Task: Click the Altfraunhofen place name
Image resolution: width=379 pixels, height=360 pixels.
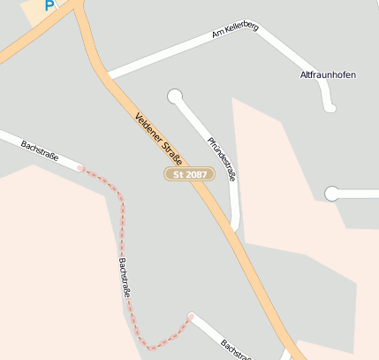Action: point(328,75)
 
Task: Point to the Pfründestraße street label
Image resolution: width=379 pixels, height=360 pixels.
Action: point(222,159)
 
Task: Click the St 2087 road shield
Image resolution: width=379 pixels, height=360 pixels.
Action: point(189,174)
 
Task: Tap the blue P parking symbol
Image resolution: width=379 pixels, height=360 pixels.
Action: point(49,5)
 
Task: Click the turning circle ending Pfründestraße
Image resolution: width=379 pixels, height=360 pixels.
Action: point(175,96)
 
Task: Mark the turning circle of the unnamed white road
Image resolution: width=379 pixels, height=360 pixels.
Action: point(332,194)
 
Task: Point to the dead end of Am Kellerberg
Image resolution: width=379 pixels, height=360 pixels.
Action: point(331,109)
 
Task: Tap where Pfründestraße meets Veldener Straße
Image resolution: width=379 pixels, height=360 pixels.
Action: point(233,227)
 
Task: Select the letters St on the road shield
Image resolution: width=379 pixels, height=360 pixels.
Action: point(178,174)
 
